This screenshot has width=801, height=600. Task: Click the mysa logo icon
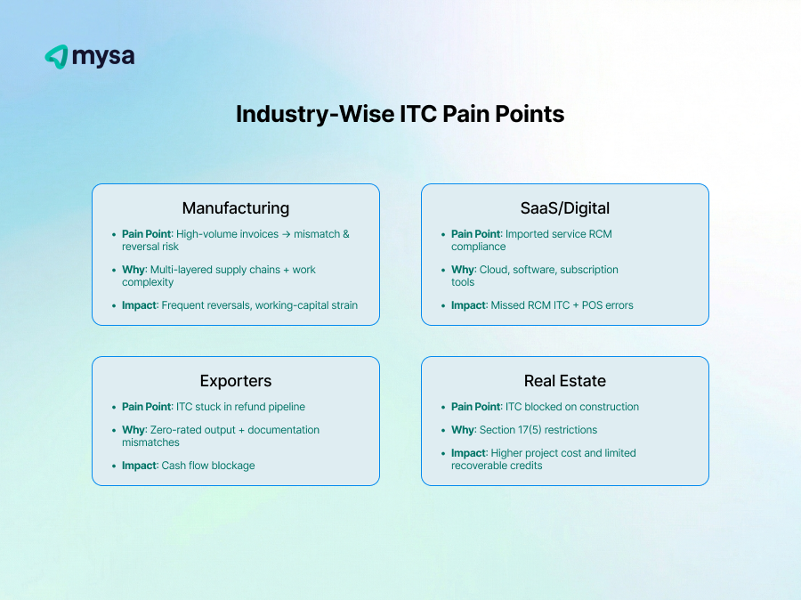56,57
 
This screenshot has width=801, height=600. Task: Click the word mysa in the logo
103,57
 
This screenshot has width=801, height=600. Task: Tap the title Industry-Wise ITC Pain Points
400,114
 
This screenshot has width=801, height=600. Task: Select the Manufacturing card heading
236,207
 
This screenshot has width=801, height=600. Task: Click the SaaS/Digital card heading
565,207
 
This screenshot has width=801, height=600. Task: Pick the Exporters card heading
236,380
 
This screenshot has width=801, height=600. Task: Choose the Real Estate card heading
565,380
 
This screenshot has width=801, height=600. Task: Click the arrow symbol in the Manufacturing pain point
290,234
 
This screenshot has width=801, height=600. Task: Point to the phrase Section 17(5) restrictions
538,430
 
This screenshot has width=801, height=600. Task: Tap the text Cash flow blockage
208,466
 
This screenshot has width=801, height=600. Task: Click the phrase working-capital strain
306,305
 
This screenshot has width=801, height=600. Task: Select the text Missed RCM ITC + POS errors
562,305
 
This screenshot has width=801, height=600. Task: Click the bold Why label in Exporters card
133,430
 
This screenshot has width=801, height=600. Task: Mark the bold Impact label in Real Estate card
468,453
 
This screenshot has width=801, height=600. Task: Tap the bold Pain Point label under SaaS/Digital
475,234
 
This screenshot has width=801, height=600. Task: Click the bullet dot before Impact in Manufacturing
113,305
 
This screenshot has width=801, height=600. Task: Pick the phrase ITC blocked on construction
572,407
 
